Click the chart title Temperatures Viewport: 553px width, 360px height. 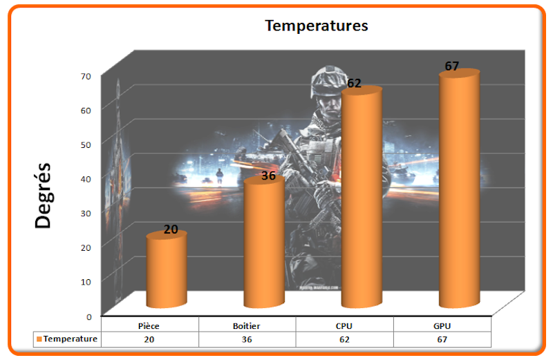tap(317, 26)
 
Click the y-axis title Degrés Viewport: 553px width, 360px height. tap(44, 196)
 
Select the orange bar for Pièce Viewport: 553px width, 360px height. tap(167, 269)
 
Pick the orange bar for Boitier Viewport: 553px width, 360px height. tap(264, 243)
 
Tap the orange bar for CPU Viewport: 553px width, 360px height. tap(362, 197)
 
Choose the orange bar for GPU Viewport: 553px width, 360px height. tap(459, 189)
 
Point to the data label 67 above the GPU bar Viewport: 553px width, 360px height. tap(452, 66)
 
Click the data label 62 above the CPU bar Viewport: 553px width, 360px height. tap(354, 83)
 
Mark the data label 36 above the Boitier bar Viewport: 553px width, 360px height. tap(268, 176)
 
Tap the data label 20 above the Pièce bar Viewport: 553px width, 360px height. tap(171, 229)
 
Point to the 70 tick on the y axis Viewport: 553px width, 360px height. tap(86, 76)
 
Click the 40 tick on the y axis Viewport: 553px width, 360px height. tap(86, 179)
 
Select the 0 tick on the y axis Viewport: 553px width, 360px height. tap(89, 317)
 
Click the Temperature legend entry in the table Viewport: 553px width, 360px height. tap(67, 339)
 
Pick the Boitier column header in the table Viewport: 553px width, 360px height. tap(247, 326)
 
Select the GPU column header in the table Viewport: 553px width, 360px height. tap(442, 326)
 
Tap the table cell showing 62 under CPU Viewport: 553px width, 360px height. tap(344, 339)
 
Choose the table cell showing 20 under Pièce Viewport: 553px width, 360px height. tap(149, 339)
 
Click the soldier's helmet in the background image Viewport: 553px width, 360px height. tap(327, 80)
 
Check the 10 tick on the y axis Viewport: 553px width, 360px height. tap(86, 282)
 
